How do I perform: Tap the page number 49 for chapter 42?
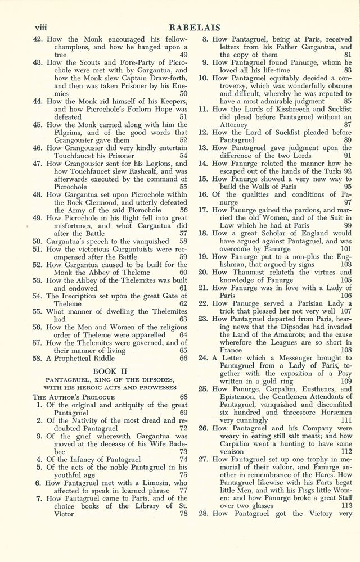pos(183,55)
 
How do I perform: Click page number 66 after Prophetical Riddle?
pos(183,357)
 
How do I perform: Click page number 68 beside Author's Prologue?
pos(183,396)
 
